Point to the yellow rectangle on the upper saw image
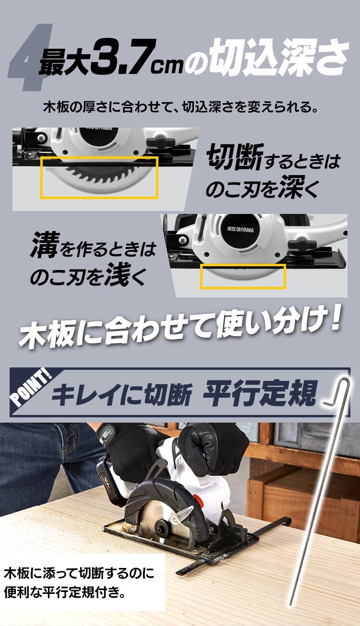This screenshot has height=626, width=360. pos(99,177)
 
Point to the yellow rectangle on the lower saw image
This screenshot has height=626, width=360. pos(243,276)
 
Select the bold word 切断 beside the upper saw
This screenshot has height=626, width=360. pos(233,159)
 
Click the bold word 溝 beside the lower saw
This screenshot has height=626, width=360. pos(45,246)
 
